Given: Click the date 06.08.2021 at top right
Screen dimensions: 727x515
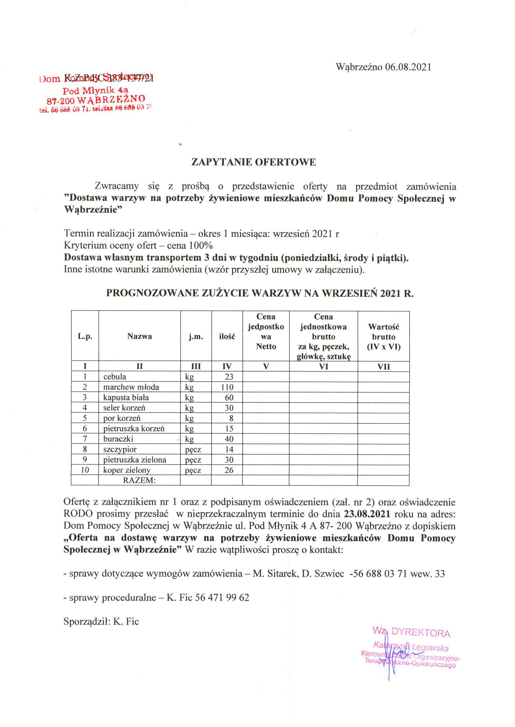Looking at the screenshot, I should coord(408,67).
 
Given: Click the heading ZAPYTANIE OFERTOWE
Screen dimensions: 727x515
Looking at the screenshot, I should coord(254,162).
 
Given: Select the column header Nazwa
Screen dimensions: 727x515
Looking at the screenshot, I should coord(140,337).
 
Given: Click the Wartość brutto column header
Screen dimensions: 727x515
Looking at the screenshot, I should coord(384,337).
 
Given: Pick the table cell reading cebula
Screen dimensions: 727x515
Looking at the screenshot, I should coord(115,377).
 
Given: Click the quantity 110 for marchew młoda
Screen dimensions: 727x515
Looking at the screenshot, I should coord(227,387).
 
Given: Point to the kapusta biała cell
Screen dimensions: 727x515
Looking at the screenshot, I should coord(126,397).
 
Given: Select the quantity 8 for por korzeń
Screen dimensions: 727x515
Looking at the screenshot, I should coord(231,419).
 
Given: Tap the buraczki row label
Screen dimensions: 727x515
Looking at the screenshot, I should coord(118,439).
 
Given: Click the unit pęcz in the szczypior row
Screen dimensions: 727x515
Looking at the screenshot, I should coord(193,449).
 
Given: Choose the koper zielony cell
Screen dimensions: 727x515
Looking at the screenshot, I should coord(127,470).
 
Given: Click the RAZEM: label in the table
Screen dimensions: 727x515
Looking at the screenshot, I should coord(139,480).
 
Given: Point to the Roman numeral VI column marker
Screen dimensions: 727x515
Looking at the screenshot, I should coord(323,367).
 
